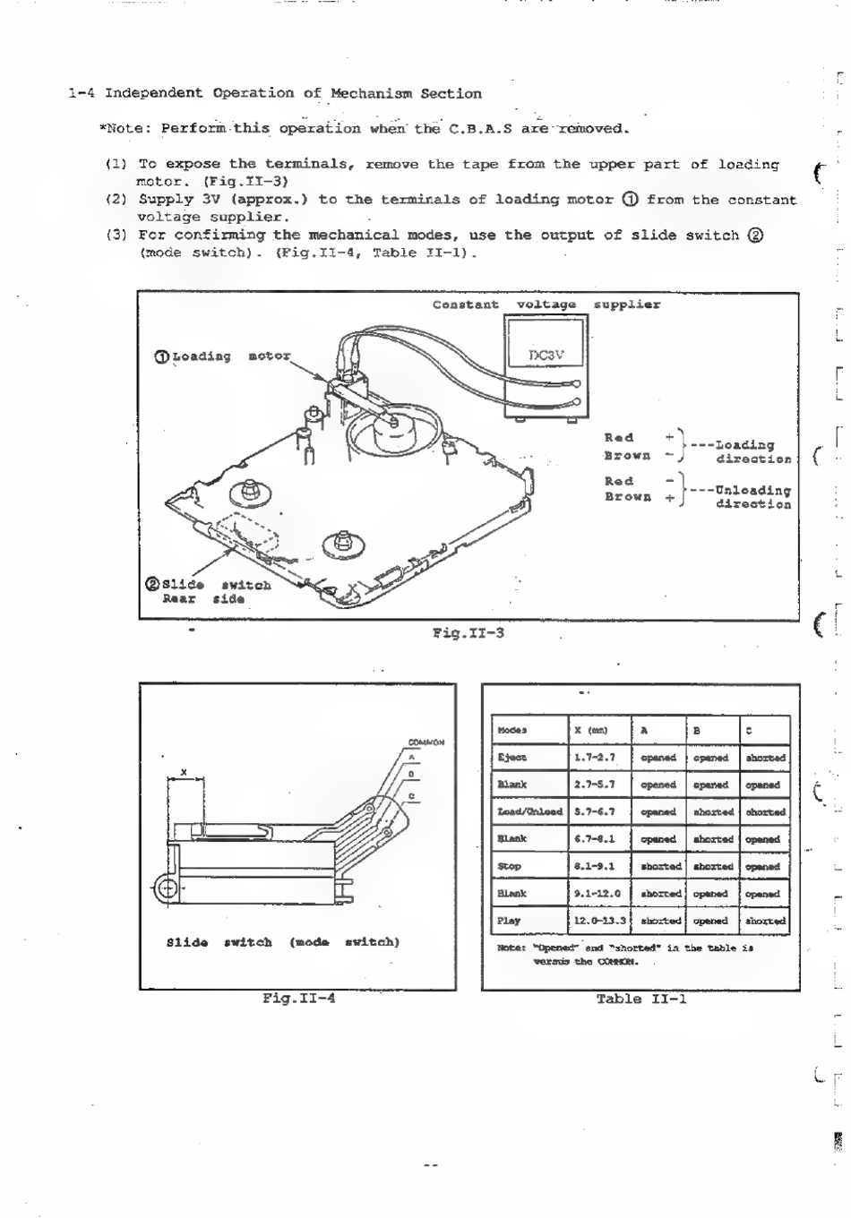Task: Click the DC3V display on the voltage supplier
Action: pos(546,355)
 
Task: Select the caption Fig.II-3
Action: pos(468,632)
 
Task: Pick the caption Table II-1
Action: pos(641,999)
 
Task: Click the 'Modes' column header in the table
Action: pos(512,730)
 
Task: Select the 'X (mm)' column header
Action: pos(590,730)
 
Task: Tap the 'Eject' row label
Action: pos(512,758)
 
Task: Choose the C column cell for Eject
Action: pos(765,758)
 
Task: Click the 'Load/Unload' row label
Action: pos(529,812)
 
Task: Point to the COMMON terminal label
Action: pos(426,742)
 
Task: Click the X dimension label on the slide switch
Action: pos(183,771)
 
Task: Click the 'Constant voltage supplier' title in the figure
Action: pos(546,304)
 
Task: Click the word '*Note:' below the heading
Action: pos(125,128)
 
